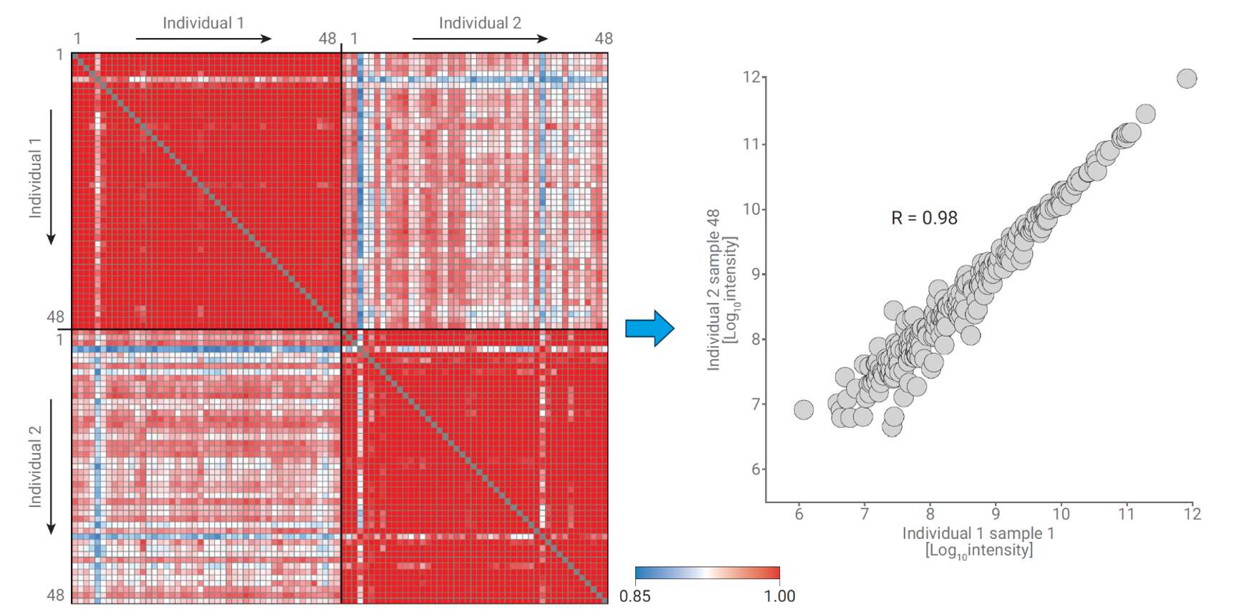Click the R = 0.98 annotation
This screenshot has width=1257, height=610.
[x=924, y=218]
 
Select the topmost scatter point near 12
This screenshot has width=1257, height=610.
[x=1187, y=78]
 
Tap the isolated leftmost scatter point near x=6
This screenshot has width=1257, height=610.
[x=804, y=409]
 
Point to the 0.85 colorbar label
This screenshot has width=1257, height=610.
[x=635, y=596]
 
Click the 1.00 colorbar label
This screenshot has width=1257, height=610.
[x=779, y=596]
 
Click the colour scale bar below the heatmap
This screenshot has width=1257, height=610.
[x=707, y=573]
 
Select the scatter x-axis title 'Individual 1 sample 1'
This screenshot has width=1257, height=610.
[x=978, y=533]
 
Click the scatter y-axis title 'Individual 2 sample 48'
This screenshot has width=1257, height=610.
[x=713, y=290]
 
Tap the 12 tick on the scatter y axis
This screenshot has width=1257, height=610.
[x=751, y=77]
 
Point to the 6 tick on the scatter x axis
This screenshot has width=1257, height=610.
[x=799, y=514]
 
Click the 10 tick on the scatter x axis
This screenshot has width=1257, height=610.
[x=1061, y=514]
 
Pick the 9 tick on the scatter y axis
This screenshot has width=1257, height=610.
[x=755, y=274]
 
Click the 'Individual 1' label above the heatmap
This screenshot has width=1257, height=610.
[x=203, y=23]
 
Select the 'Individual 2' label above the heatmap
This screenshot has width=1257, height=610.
[x=480, y=23]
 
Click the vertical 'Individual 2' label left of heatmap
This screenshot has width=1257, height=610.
[x=35, y=467]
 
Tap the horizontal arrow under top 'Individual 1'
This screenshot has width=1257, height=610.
[x=203, y=39]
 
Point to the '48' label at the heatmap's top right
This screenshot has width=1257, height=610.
[x=603, y=39]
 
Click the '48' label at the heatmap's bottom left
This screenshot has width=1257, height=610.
[x=55, y=594]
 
